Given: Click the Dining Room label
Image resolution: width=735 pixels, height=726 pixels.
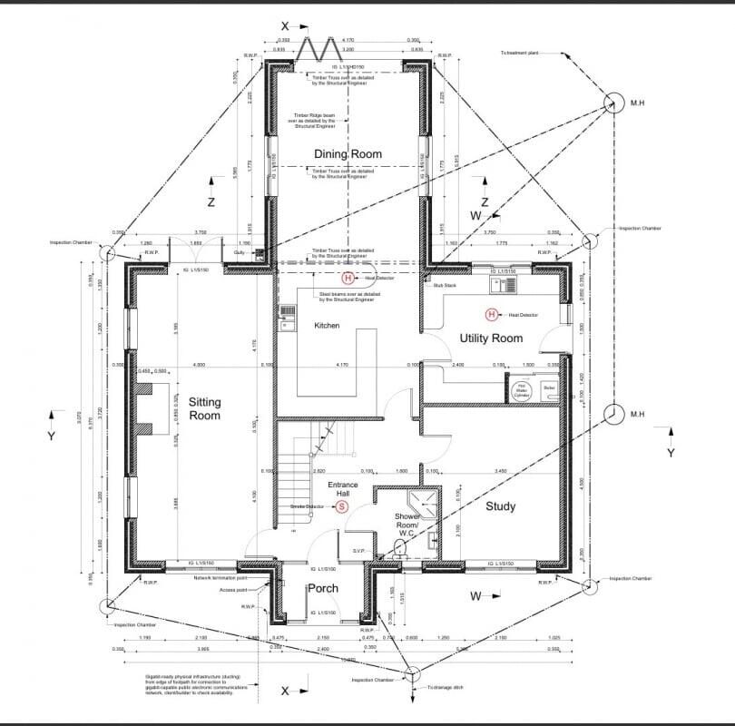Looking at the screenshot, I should (x=348, y=154).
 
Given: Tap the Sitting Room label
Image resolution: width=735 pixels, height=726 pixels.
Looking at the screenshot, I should (x=204, y=408).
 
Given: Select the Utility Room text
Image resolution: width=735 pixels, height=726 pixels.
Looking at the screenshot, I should (x=491, y=338).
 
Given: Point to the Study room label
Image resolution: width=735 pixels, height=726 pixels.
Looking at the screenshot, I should (x=500, y=506).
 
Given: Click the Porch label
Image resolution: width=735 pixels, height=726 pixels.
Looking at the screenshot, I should (x=322, y=588).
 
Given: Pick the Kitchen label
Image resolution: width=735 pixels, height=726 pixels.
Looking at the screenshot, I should (x=327, y=326).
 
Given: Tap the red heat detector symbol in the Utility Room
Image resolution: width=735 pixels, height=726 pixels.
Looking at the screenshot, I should (x=491, y=315).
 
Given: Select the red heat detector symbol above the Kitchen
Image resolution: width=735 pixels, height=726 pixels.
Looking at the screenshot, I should (x=347, y=279).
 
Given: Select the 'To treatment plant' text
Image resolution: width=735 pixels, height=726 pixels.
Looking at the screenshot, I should (x=521, y=54).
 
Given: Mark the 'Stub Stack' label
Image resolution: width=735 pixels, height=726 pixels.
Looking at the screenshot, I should (x=444, y=285).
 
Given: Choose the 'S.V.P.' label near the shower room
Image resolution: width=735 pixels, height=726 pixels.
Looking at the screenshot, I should (x=358, y=550).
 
